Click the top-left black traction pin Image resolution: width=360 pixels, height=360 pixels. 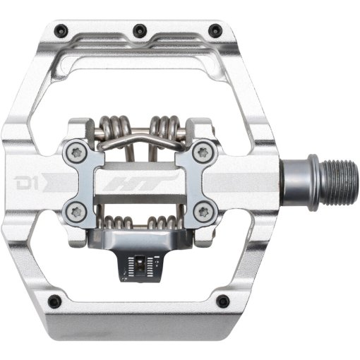tap(62, 30)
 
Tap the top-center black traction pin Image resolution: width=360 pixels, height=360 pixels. tap(140, 30)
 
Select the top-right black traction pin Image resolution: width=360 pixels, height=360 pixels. tap(215, 30)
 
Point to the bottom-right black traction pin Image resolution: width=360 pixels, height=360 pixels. tap(222, 301)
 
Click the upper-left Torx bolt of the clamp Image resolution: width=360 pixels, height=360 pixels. tap(76, 153)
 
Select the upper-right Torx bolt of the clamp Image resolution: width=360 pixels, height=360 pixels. tap(203, 153)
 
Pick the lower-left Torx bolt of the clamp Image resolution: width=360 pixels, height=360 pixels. tap(76, 212)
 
